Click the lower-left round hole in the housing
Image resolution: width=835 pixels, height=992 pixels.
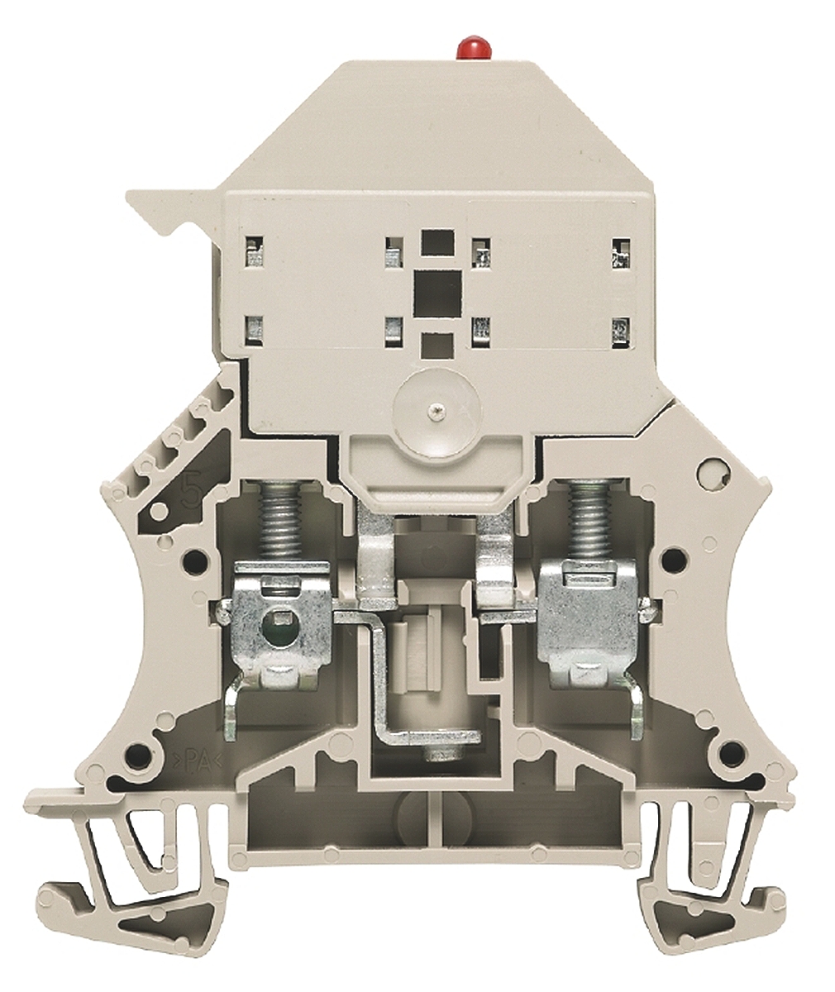click(146, 751)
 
